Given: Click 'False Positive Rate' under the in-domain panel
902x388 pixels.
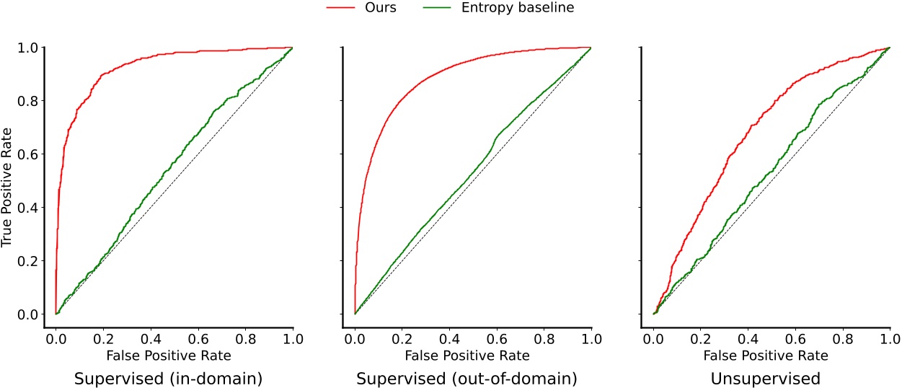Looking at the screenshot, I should (174, 356).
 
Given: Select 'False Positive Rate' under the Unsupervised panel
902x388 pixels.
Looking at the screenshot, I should (771, 356).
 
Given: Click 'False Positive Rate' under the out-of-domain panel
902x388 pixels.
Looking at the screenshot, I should (472, 356).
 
